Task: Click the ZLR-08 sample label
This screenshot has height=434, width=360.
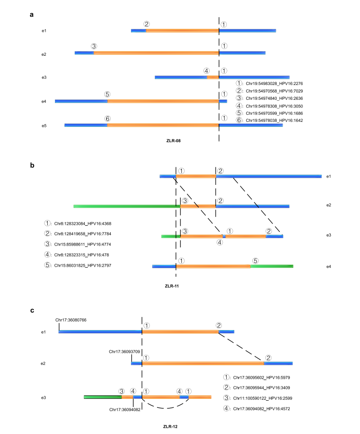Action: [173, 140]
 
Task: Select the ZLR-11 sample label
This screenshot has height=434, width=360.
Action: [173, 286]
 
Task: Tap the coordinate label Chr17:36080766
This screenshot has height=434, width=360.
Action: [71, 320]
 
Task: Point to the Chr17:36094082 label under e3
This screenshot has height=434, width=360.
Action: [125, 409]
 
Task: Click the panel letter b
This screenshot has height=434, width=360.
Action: [32, 166]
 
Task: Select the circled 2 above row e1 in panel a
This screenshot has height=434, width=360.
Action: [147, 24]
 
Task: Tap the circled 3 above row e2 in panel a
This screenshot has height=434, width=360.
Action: [94, 46]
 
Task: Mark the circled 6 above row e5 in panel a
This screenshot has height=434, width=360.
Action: [107, 118]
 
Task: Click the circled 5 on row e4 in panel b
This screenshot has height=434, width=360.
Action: [255, 260]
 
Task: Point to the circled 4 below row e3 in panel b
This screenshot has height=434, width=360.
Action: [219, 242]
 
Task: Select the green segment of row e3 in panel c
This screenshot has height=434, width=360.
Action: [103, 397]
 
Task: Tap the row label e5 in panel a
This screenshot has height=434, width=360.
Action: [44, 125]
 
